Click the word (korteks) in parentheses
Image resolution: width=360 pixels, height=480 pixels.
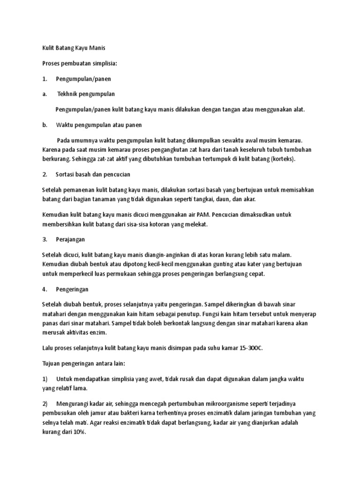(282, 159)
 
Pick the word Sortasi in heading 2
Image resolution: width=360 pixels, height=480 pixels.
(66, 174)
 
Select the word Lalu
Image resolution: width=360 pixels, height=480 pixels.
(48, 348)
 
